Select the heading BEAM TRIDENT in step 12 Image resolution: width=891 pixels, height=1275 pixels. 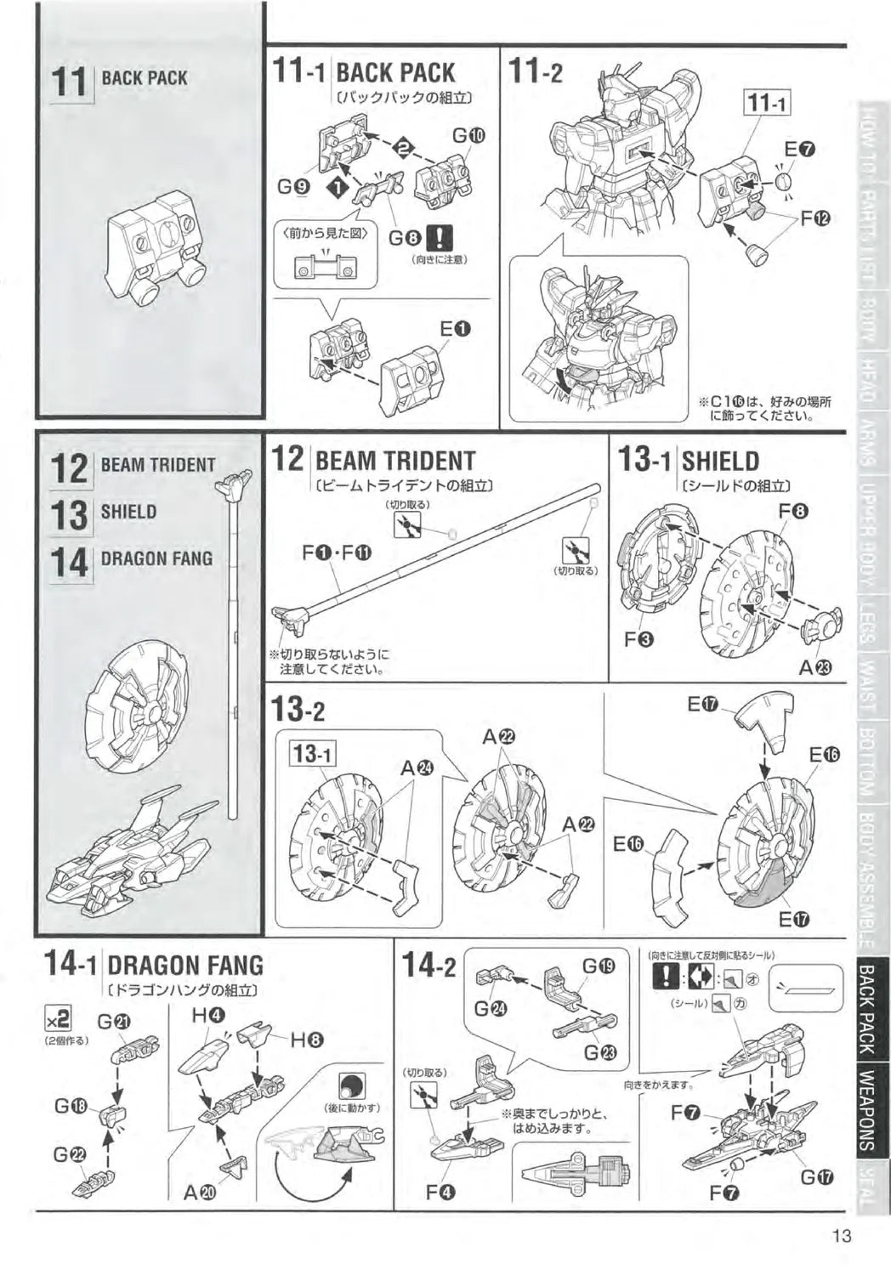click(x=394, y=461)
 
